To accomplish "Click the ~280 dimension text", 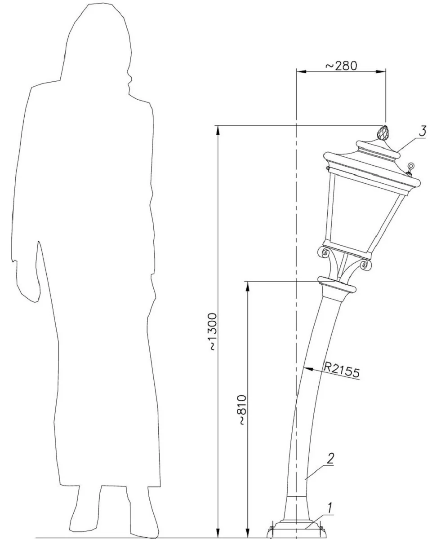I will (x=341, y=66).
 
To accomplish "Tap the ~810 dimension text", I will (x=242, y=410).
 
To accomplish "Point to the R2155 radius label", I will (x=342, y=369).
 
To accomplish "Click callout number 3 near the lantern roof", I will (x=422, y=131).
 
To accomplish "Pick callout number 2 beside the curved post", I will (x=330, y=458).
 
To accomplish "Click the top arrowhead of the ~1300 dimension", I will (x=218, y=129).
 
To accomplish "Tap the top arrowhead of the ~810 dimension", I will (x=247, y=286).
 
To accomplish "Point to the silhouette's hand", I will (x=29, y=287).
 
